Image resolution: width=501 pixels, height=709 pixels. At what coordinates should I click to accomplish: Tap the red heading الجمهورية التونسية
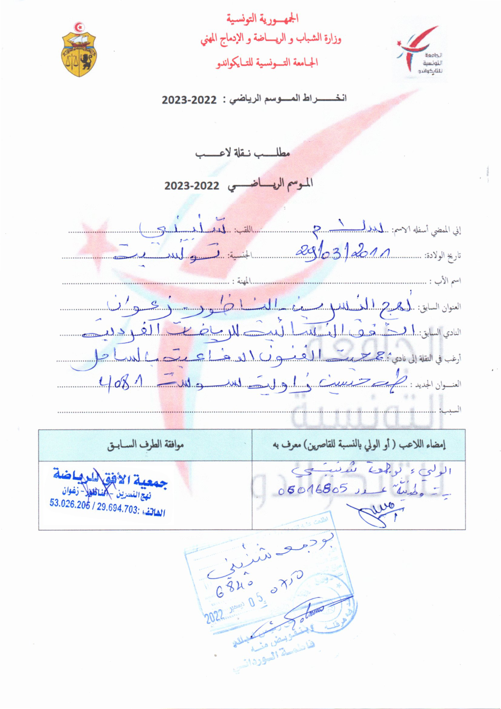tap(263, 19)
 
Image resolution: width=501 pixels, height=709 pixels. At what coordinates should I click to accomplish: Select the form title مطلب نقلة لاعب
tap(243, 153)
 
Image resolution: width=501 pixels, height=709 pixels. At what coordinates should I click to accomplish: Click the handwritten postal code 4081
tap(121, 385)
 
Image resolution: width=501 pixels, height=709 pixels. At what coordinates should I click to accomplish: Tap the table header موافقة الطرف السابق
tap(145, 445)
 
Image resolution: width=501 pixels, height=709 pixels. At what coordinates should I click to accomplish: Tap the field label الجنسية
tap(240, 256)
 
